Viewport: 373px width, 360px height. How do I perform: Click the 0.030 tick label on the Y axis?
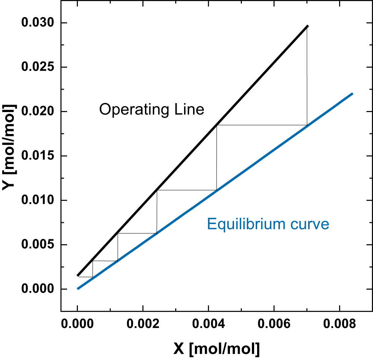point(37,23)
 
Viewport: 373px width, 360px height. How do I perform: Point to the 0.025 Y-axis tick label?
point(37,67)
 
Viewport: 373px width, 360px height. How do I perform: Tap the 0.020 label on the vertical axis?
point(37,112)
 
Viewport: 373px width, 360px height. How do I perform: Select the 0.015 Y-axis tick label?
point(37,156)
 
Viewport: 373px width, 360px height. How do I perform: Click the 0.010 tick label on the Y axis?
point(37,200)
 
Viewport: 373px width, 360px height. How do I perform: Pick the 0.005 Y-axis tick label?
point(37,245)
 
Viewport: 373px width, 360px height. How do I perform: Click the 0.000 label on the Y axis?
point(37,289)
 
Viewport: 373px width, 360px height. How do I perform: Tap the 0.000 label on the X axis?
point(77,325)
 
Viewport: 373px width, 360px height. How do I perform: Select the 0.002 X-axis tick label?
point(143,325)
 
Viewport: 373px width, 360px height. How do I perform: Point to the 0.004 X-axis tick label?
point(208,325)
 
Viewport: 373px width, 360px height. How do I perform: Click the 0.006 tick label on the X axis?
point(274,325)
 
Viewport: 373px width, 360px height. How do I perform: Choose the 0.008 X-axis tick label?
point(339,325)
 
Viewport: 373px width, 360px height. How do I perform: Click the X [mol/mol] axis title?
point(216,349)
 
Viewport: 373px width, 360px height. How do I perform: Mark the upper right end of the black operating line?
point(308,26)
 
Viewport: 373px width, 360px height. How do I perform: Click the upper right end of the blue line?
point(352,94)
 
